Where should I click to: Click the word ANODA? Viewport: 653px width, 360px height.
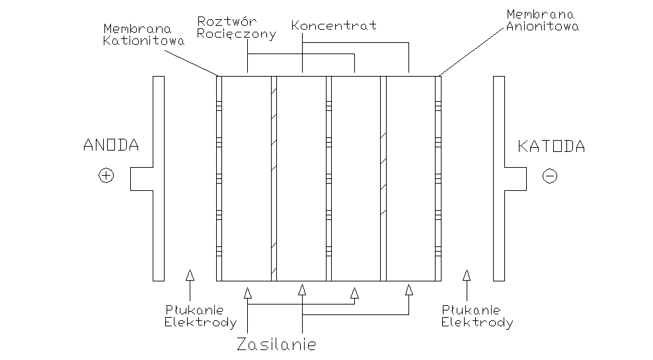tap(111, 146)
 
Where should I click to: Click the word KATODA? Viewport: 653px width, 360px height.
tap(551, 147)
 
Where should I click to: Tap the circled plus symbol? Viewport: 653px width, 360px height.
tap(106, 176)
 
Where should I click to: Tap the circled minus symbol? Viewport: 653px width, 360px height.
tap(550, 176)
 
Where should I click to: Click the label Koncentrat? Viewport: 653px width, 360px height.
tap(334, 26)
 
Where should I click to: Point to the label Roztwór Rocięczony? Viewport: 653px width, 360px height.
tap(237, 28)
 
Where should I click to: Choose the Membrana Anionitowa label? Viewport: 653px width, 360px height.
tap(543, 20)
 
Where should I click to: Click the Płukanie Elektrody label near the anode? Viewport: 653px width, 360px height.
tap(201, 316)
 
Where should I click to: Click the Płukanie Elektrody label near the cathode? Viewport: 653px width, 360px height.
tap(477, 316)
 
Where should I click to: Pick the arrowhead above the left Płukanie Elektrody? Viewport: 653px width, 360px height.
tap(190, 274)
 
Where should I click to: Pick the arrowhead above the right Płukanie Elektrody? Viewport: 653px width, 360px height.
tap(467, 274)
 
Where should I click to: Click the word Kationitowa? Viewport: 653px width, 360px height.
tap(144, 40)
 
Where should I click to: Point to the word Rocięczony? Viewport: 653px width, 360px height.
tap(237, 34)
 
